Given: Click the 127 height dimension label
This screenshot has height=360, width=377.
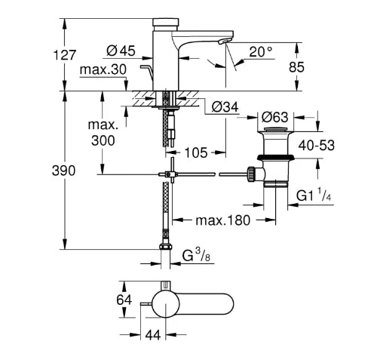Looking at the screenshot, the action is (65, 55).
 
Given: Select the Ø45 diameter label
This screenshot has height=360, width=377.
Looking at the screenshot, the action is (121, 51).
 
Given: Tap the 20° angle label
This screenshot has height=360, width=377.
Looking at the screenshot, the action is (261, 52).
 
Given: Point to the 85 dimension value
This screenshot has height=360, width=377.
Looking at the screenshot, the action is (296, 67).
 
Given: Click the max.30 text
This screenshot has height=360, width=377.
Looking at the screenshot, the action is (103, 69).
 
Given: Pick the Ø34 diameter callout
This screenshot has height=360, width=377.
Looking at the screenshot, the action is (225, 107).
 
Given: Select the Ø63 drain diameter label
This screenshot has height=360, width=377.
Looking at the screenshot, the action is (274, 117).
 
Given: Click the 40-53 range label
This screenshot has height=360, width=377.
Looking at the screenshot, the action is (317, 146).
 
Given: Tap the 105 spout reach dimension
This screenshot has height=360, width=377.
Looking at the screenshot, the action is (196, 152).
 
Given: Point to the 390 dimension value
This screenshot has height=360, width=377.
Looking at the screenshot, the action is (63, 171).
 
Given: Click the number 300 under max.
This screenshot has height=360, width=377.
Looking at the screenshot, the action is (103, 140).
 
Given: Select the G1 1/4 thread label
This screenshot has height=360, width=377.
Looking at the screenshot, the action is (314, 195).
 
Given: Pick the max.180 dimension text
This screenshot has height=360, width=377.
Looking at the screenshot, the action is (223, 220).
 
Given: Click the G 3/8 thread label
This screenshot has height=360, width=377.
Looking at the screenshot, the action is (196, 256).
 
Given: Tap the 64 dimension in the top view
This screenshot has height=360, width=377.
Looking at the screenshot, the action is (124, 300).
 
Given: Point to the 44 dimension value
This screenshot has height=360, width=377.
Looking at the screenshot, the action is (153, 335).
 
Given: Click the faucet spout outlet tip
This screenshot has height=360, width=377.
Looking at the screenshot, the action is (224, 42).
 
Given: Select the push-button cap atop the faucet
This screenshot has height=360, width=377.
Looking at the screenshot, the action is (166, 22).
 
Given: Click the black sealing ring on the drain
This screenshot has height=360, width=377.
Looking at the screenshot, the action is (276, 157).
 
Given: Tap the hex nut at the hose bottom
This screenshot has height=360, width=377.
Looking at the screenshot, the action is (166, 246).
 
